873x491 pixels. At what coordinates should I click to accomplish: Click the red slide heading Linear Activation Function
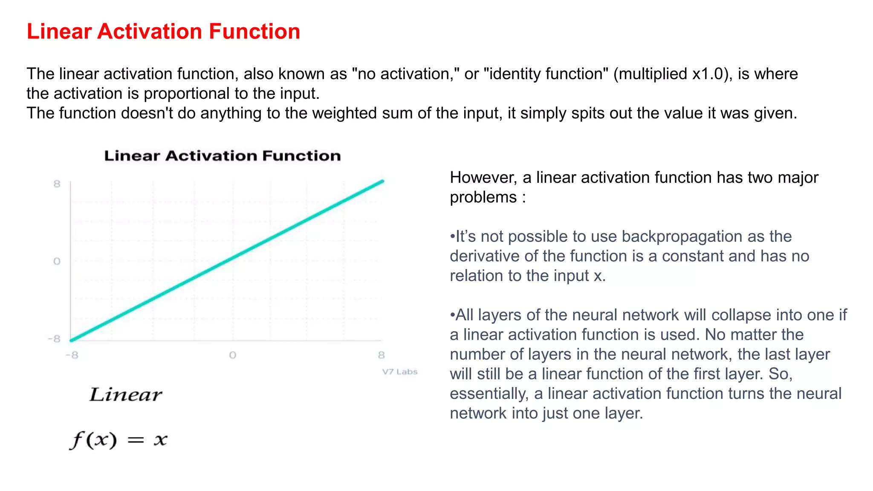coord(163,32)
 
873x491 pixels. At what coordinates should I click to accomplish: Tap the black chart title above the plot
coord(222,156)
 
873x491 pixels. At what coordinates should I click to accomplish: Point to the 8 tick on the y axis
coord(57,184)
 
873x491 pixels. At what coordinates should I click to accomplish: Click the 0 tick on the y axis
coord(57,261)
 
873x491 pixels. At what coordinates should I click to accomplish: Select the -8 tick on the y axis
coord(55,339)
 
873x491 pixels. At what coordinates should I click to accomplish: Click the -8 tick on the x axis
coord(72,355)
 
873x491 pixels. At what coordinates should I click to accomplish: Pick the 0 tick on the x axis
coord(232,355)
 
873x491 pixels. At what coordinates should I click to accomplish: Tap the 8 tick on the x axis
coord(381,355)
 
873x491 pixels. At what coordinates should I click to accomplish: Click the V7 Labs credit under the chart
coord(399,372)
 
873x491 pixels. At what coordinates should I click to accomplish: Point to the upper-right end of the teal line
coord(382,182)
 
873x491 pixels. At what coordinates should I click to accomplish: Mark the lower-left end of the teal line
coord(72,340)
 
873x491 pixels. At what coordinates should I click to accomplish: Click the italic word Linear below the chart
coord(126,395)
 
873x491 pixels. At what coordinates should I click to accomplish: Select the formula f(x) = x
coord(119,439)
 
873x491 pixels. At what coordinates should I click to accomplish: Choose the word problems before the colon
coord(483,197)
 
